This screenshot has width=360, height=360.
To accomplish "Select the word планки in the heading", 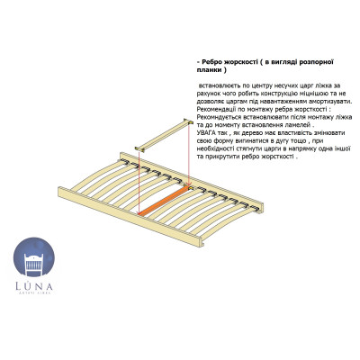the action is pos(208,70).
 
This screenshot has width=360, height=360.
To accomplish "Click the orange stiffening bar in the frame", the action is pos(166,201).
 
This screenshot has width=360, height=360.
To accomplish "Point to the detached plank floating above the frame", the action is pos(164,135).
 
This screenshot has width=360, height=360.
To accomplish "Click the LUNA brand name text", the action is pos(34,286).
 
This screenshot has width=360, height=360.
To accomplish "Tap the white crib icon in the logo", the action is pos(34,265).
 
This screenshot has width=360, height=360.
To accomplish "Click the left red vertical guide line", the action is pos(139,183).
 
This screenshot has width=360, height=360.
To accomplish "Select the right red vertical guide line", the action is pos(188,156).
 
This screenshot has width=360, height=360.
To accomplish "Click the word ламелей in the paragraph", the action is pos(301,125).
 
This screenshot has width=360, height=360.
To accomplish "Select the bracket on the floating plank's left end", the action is pos(139,148).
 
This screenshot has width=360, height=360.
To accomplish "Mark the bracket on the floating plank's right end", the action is pos(188,122).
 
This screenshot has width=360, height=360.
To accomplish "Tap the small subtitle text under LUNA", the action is pos(34,292).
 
